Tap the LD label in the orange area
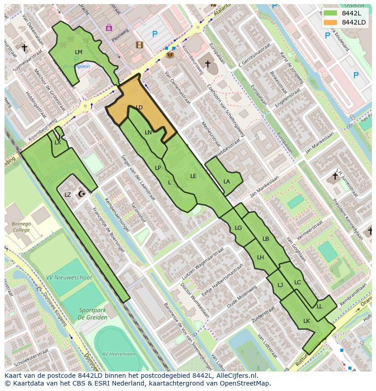[x=139, y=108]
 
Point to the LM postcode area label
[x=79, y=52]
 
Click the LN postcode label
[x=148, y=133]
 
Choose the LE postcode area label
[x=193, y=176]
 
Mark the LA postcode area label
[x=227, y=182]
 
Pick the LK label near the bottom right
[x=307, y=321]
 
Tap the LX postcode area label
[x=58, y=143]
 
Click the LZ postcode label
[x=68, y=195]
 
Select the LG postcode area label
[x=238, y=228]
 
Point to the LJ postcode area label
[x=280, y=285]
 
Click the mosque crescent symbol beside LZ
[x=82, y=194]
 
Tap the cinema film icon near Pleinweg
[x=139, y=45]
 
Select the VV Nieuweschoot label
[x=69, y=277]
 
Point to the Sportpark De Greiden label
[x=92, y=314]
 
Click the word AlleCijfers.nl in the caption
[x=232, y=376]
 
